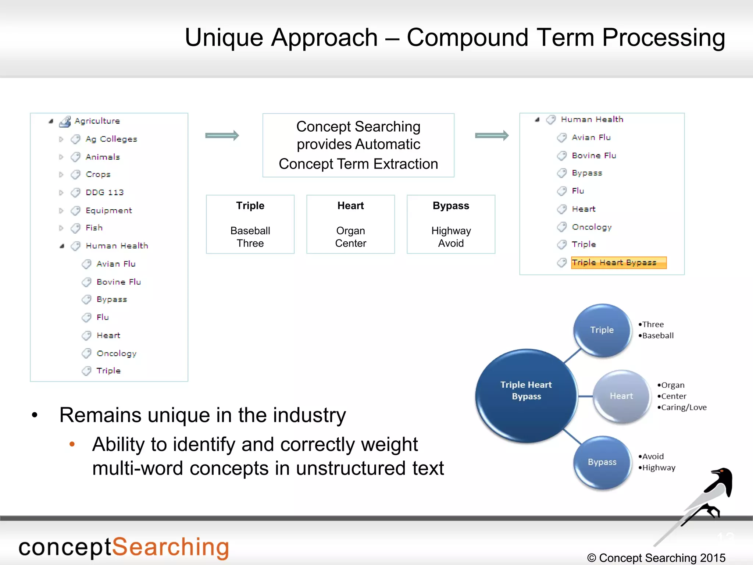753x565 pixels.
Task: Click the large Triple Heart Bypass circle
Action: point(526,395)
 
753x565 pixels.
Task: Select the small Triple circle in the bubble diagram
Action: point(602,330)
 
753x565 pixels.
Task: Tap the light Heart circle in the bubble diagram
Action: point(621,396)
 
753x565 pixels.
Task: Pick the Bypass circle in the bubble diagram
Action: point(602,462)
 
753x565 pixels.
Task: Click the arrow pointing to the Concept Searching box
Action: point(222,135)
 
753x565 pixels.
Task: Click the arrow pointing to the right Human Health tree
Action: point(492,135)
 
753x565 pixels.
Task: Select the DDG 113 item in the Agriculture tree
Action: point(104,192)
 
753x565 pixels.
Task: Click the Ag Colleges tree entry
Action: point(111,139)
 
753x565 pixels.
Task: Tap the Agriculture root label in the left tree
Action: point(97,121)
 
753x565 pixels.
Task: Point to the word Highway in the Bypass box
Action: point(451,231)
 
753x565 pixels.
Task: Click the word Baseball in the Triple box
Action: point(250,231)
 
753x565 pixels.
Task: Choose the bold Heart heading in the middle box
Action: point(350,206)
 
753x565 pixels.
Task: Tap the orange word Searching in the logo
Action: point(170,547)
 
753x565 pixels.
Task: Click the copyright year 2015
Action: point(713,558)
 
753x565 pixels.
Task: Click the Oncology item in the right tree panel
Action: point(591,227)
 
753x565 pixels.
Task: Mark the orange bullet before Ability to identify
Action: point(72,444)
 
